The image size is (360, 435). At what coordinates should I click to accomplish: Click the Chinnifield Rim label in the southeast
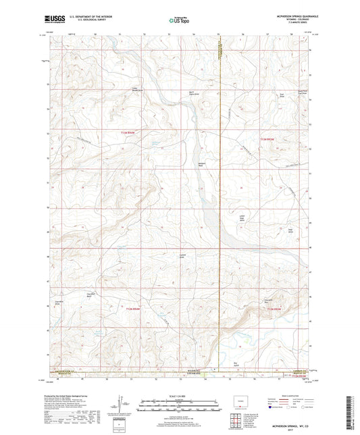pos(269,300)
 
